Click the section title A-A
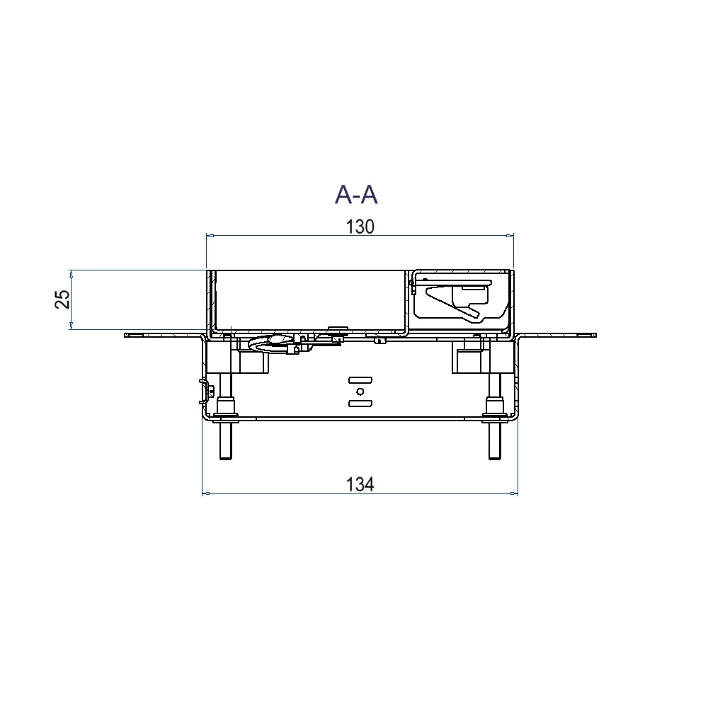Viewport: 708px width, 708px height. pos(356,195)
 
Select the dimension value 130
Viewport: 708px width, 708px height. pos(360,227)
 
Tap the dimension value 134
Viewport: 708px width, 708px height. pos(360,484)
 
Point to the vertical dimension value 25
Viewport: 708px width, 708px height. pos(63,299)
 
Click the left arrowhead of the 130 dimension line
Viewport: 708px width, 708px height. pos(210,235)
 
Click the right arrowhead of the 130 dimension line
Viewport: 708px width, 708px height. pos(510,235)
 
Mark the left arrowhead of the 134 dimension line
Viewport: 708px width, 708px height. pos(206,493)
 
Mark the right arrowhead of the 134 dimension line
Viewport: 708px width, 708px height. pos(514,493)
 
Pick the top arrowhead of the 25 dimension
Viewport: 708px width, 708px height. pos(71,273)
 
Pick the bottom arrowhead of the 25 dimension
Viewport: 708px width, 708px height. pos(71,326)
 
